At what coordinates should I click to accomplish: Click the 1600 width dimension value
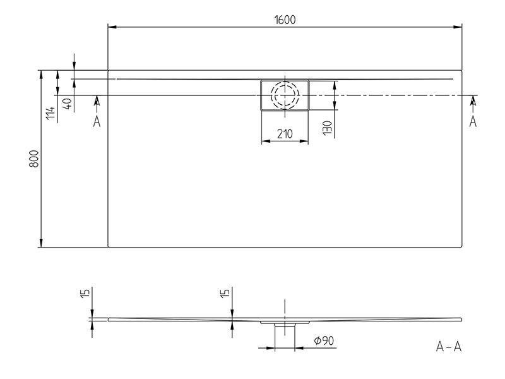pos(285,20)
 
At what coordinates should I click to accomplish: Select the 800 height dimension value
pos(34,159)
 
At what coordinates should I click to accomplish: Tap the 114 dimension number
pos(50,113)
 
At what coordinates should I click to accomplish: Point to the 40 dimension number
pos(68,104)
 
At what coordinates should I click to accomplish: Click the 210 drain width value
pos(285,134)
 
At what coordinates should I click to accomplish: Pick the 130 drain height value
pos(327,128)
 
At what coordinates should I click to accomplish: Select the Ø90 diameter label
pos(324,340)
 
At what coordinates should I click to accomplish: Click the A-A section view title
pos(449,347)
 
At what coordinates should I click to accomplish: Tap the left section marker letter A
pos(97,122)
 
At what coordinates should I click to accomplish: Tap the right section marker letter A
pos(472,121)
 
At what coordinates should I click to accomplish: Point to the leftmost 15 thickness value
pos(85,294)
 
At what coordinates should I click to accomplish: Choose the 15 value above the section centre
pos(225,293)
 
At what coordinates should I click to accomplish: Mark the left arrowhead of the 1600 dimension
pos(112,27)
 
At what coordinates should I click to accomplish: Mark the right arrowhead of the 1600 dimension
pos(458,27)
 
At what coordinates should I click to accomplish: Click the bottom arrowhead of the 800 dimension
pos(41,243)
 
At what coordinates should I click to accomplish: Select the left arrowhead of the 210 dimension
pos(265,141)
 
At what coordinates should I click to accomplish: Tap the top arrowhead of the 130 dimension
pos(335,85)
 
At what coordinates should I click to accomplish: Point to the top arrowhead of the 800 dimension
pos(41,75)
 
